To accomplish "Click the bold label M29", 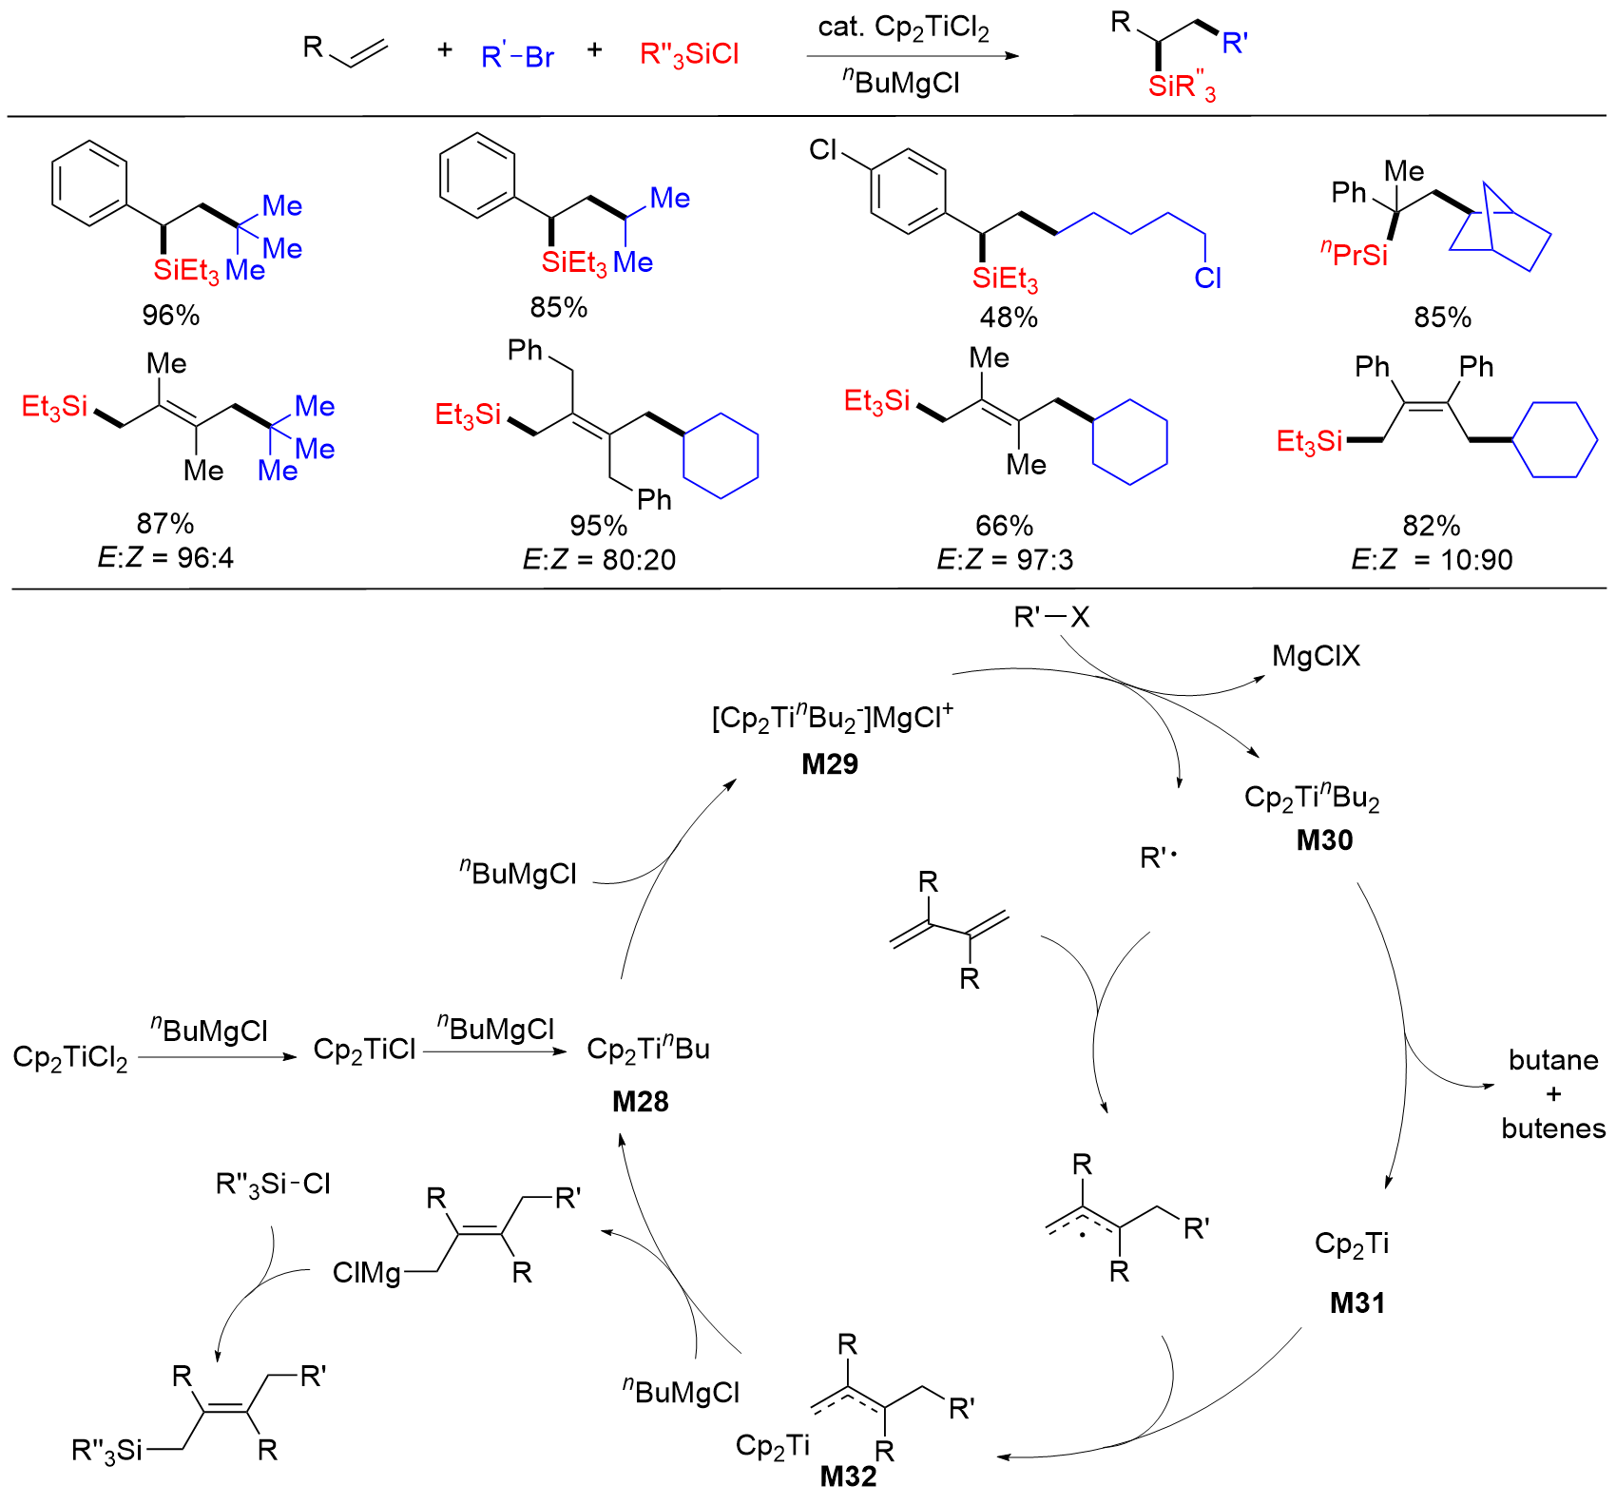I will coord(830,763).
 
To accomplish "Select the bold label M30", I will coord(1324,839).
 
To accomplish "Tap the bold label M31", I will coord(1356,1302).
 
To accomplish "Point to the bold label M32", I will coord(848,1475).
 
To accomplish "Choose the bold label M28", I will coord(640,1101).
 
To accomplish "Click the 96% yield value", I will coord(171,315).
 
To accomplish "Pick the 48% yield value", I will coord(1009,317).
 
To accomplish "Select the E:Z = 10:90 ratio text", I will coord(1432,559).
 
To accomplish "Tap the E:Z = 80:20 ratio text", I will coord(599,559).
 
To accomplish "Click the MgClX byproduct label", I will coord(1316,656).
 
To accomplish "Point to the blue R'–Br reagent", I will coord(517,57).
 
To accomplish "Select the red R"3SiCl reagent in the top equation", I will coord(689,55).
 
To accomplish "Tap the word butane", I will coord(1553,1060).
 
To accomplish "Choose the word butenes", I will coord(1553,1128).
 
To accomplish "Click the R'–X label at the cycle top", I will coord(1051,618).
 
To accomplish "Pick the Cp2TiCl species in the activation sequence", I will coord(365,1050).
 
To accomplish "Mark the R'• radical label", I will coord(1159,858).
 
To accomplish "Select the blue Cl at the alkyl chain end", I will coord(1207,278).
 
